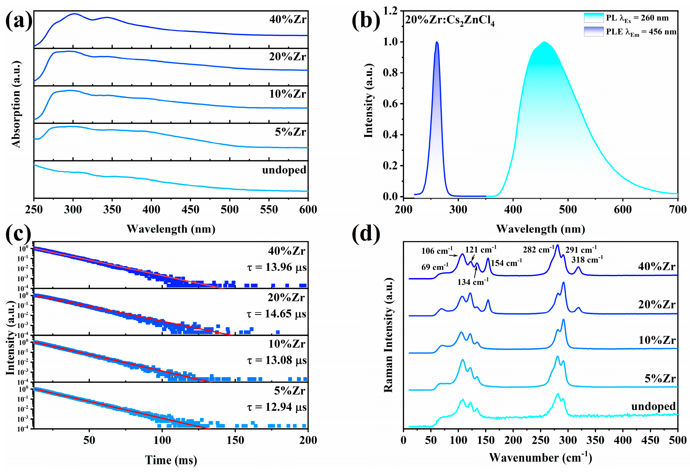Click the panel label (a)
18,21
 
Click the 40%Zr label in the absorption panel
287,20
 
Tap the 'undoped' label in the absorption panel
284,170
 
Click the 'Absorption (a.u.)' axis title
16,104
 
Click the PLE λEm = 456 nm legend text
641,32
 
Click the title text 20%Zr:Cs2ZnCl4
450,21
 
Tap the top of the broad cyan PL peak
544,42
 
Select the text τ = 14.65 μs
276,314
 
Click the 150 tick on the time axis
235,440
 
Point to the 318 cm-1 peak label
587,260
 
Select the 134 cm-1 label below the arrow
473,282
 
